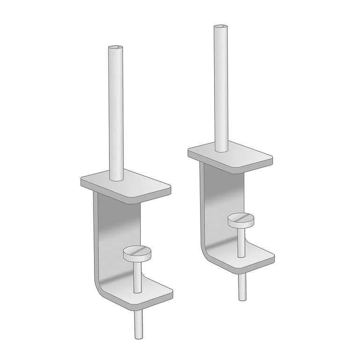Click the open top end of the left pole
click(115, 48)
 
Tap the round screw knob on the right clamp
click(241, 219)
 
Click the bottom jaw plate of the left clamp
click(157, 292)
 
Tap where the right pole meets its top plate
click(222, 150)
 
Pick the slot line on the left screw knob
click(137, 252)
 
